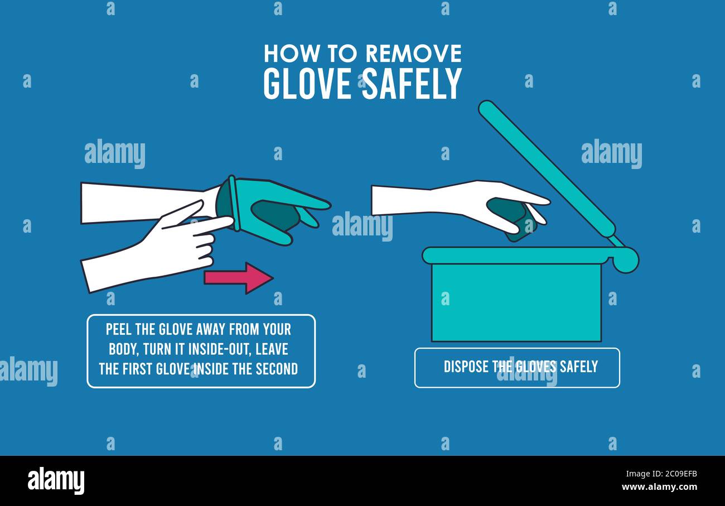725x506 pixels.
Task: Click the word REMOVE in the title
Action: pos(413,54)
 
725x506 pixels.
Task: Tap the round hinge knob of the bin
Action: pos(625,260)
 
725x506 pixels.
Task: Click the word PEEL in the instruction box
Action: pos(119,329)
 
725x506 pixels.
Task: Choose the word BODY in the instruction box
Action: pos(123,349)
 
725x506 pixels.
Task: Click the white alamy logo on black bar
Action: pos(56,481)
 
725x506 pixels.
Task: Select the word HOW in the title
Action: pos(284,54)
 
